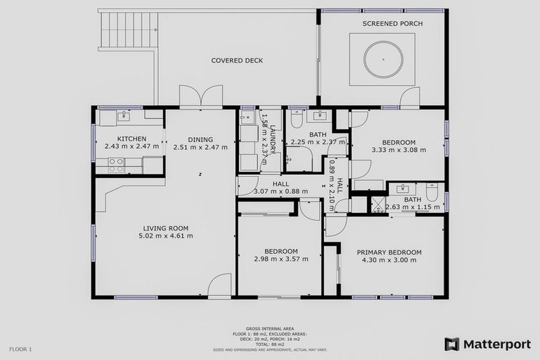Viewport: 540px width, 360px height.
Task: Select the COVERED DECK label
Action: pyautogui.click(x=237, y=60)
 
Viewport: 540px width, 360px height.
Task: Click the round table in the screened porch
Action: pyautogui.click(x=383, y=59)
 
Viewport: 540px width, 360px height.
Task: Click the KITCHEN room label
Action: pyautogui.click(x=131, y=139)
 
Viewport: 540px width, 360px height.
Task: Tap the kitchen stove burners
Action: pyautogui.click(x=116, y=165)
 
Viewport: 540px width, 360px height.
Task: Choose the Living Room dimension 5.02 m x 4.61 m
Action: pyautogui.click(x=166, y=236)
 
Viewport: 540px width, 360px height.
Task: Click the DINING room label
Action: pyautogui.click(x=200, y=139)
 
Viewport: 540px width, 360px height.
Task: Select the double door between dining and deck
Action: pyautogui.click(x=200, y=97)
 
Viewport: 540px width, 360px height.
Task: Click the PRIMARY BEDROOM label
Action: pyautogui.click(x=389, y=252)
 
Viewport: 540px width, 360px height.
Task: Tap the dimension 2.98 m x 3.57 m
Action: pyautogui.click(x=281, y=259)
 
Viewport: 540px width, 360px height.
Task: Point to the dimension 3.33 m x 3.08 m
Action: pyautogui.click(x=399, y=150)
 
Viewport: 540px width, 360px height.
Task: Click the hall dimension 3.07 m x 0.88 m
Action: pyautogui.click(x=281, y=192)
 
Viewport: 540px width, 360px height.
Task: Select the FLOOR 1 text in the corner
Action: pyautogui.click(x=20, y=349)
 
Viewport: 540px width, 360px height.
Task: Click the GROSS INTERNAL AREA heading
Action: pyautogui.click(x=270, y=328)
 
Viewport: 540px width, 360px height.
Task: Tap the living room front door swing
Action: pyautogui.click(x=220, y=285)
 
